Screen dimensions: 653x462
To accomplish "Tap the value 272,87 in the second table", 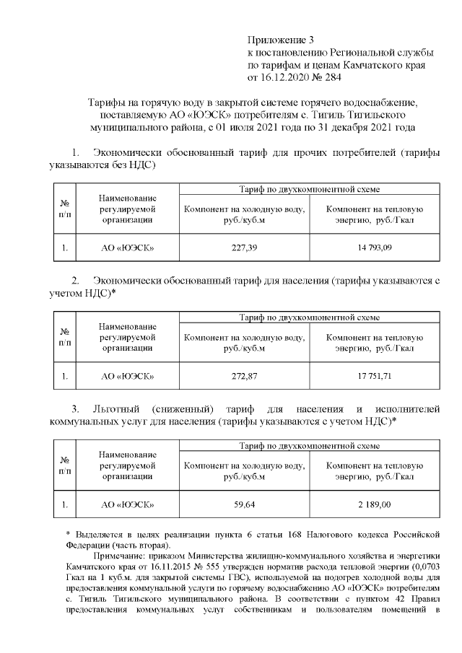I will click(244, 376).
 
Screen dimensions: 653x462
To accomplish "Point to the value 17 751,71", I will click(374, 376).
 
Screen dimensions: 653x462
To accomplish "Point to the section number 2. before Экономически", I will click(75, 280).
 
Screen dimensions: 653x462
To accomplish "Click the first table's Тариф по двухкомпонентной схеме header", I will click(309, 189).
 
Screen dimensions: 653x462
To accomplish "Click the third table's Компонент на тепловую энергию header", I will click(374, 470).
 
